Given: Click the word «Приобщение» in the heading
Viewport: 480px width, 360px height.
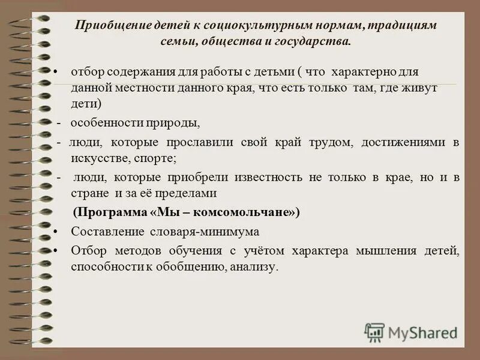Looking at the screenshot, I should click(107, 26).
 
